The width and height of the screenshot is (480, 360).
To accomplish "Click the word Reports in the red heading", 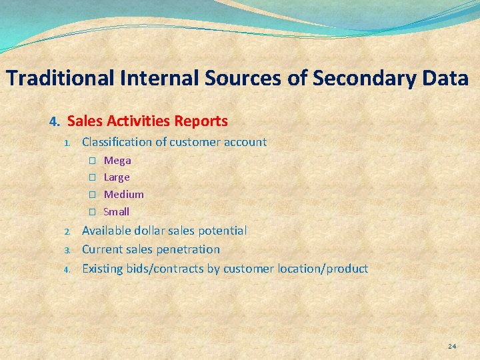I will pos(201,121).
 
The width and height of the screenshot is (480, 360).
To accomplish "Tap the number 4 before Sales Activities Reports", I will pos(54,122).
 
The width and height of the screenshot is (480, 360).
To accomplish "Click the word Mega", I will pos(117,161).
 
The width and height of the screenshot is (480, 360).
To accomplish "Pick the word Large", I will pos(117,177).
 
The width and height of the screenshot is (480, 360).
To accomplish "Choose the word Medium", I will pos(123,195).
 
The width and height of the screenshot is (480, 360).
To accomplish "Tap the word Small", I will pos(117,212).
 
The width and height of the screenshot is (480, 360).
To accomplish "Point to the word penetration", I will pos(188,249).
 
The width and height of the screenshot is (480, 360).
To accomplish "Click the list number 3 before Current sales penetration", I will pos(67,251).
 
